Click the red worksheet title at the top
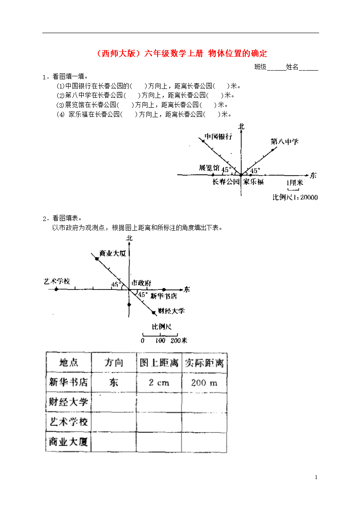[x=182, y=53]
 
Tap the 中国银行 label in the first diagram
[x=219, y=136]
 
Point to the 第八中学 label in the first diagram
[x=285, y=142]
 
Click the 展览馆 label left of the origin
[x=209, y=168]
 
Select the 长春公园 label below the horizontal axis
[x=226, y=182]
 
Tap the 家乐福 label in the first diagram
[x=254, y=182]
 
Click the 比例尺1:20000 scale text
[x=295, y=197]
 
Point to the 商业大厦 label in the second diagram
[x=113, y=253]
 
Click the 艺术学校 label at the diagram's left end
[x=57, y=281]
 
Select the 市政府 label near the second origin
[x=141, y=283]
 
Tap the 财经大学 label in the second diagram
[x=172, y=311]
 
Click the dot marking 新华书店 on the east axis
[x=164, y=289]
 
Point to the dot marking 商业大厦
[x=97, y=258]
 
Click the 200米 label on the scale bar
[x=179, y=340]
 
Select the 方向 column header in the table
[x=113, y=362]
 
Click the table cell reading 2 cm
[x=159, y=383]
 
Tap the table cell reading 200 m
[x=204, y=383]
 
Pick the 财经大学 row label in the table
[x=69, y=402]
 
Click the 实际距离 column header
[x=204, y=363]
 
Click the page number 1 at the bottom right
[x=316, y=477]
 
